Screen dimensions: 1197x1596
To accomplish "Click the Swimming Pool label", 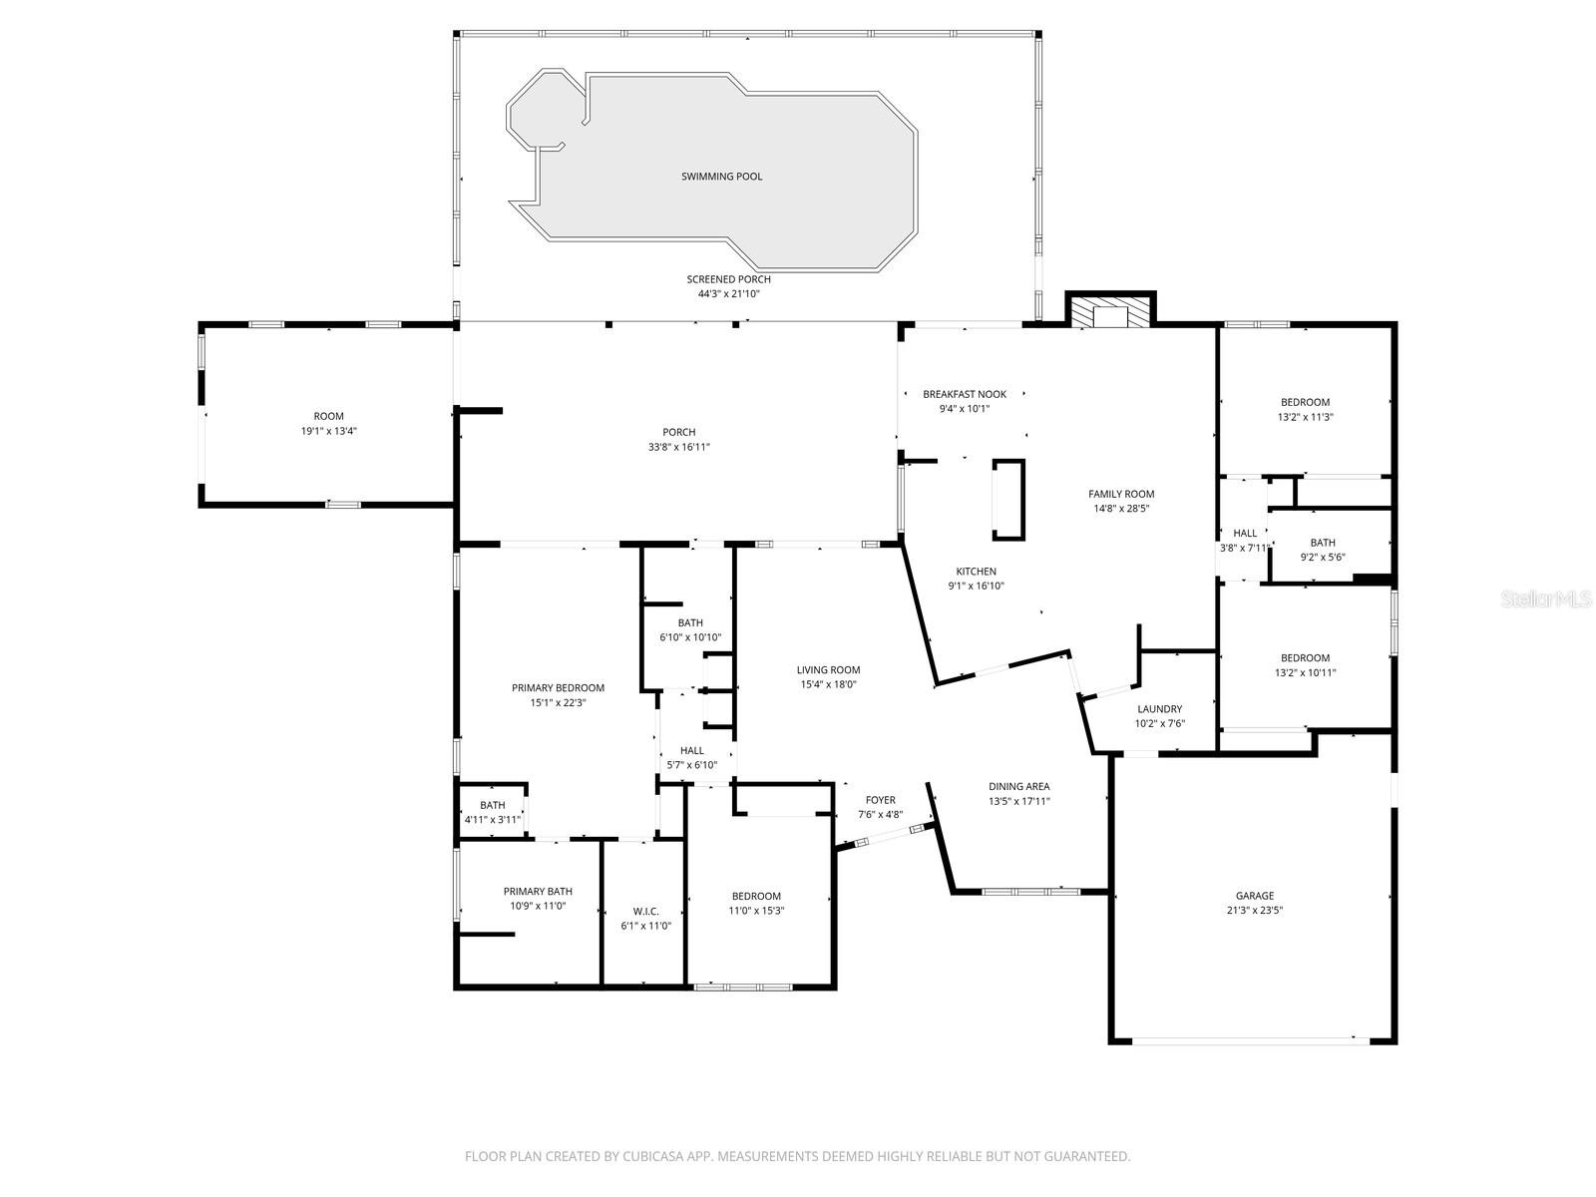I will click(x=721, y=177).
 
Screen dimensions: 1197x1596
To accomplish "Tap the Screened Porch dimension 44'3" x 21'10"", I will click(x=728, y=294).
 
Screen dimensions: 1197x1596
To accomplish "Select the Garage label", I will click(x=1254, y=896).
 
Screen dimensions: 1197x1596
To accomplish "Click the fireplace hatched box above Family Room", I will click(x=1110, y=314).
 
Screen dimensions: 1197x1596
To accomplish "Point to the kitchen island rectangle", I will click(x=1008, y=500).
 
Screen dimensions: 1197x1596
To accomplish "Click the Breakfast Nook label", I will click(x=964, y=394).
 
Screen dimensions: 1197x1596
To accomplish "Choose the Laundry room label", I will click(x=1159, y=709).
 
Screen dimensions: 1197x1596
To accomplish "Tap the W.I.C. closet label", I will click(x=645, y=911).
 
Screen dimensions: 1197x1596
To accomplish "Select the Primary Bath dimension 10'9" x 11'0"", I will click(x=538, y=907).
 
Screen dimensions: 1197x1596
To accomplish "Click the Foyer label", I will click(x=880, y=800).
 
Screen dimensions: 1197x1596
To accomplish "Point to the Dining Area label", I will click(x=1018, y=786).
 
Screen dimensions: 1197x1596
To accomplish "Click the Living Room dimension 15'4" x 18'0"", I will click(x=828, y=684).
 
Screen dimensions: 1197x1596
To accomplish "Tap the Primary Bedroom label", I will click(x=558, y=687).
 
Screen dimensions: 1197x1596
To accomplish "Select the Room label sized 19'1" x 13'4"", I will click(x=328, y=416).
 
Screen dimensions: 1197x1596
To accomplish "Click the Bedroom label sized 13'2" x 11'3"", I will click(x=1305, y=402).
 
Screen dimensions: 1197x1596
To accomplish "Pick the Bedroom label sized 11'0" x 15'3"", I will click(x=756, y=896).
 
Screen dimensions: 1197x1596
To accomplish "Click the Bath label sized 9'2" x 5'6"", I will click(x=1323, y=543).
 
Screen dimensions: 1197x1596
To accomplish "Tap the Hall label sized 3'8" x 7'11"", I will click(x=1245, y=533).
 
